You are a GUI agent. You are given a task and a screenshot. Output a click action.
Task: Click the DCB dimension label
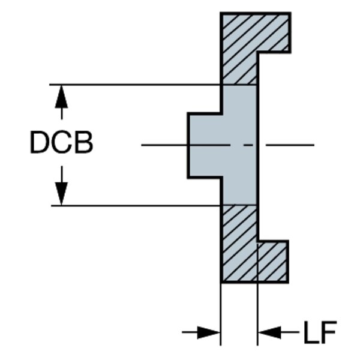(x=61, y=144)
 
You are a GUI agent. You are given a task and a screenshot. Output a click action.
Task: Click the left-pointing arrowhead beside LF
(x=269, y=332)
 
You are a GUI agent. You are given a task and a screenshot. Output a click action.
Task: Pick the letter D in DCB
(x=40, y=144)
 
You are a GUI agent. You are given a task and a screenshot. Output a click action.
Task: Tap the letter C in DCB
(x=61, y=144)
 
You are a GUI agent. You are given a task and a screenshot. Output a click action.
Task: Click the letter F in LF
(x=328, y=332)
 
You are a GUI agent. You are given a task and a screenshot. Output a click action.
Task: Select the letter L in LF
(x=310, y=332)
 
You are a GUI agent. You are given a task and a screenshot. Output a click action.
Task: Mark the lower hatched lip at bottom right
(x=273, y=261)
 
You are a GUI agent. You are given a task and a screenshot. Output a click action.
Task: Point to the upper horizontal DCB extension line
(x=138, y=85)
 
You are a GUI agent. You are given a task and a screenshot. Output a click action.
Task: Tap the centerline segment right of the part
(x=291, y=145)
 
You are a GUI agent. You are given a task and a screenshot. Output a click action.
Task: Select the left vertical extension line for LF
(x=221, y=312)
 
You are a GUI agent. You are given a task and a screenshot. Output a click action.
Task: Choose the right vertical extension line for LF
(x=258, y=312)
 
